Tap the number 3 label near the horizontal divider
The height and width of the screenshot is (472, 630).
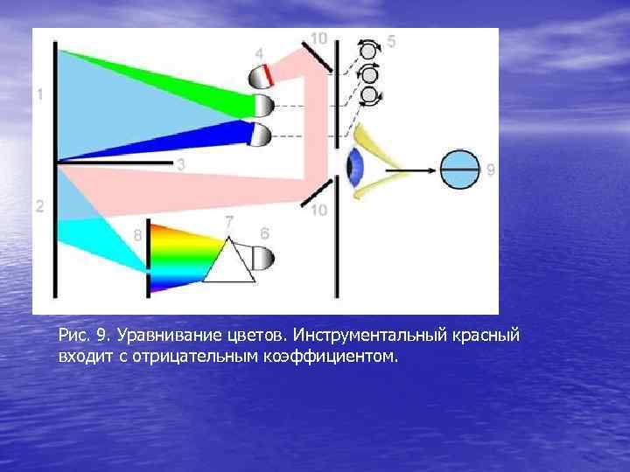point(181,164)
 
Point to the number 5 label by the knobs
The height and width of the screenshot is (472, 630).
point(390,41)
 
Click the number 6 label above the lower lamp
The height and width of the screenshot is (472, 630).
point(265,233)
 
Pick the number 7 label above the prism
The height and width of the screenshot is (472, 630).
point(229,223)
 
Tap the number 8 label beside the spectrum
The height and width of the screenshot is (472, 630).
point(137,234)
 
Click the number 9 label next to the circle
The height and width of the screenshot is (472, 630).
point(490,170)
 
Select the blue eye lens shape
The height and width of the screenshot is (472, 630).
point(355,167)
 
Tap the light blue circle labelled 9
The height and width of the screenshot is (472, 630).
point(459,170)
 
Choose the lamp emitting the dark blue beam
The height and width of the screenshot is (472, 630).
point(262,134)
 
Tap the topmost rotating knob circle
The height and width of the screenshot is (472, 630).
point(368,51)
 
